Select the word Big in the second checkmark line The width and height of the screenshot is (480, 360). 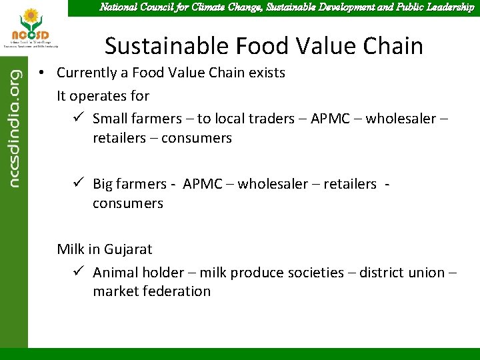[x=103, y=184]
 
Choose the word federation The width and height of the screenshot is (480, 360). [x=176, y=291]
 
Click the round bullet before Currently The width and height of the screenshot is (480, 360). [x=41, y=73]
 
